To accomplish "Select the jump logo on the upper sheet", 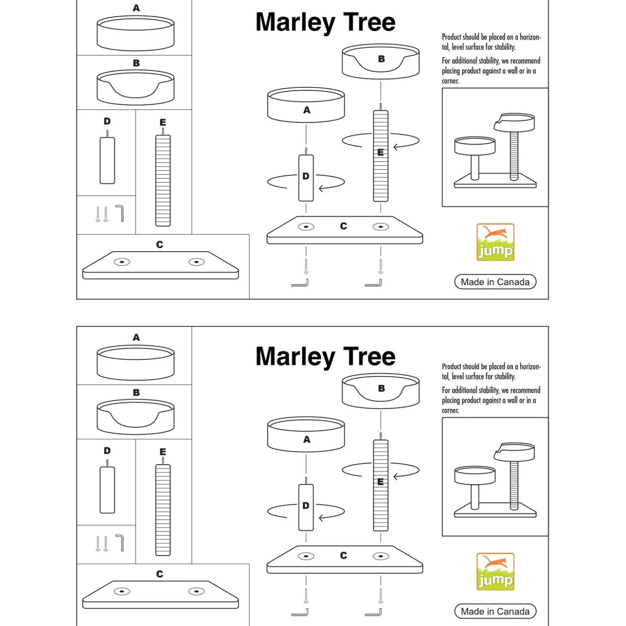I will [495, 242].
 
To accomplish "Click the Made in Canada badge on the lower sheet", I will [495, 611].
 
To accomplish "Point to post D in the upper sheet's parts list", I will [107, 160].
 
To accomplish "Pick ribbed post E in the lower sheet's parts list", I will [163, 510].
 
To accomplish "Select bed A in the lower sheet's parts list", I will [135, 363].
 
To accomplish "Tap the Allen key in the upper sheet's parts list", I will [120, 214].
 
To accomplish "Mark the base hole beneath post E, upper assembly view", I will [381, 227].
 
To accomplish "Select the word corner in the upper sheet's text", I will [450, 81].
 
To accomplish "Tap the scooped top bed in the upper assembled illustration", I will [515, 122].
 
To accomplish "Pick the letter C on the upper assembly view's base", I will [343, 226].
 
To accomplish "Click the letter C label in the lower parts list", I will [160, 574].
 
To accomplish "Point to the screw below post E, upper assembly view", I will [381, 266].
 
